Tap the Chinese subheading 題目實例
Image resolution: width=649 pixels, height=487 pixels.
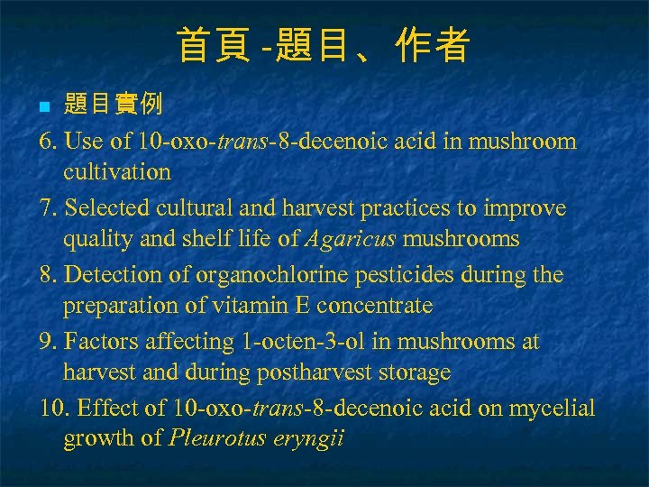[113, 105]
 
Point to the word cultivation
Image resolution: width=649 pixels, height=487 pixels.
[116, 171]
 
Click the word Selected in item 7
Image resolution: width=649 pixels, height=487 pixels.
[105, 208]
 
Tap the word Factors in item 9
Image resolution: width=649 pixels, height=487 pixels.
[104, 342]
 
